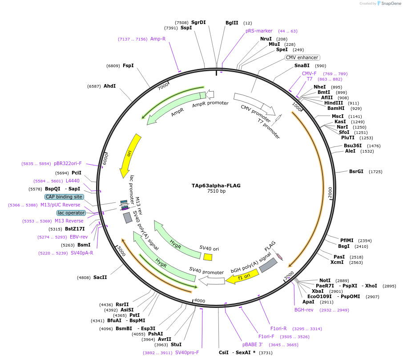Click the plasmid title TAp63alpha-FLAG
coord(216,186)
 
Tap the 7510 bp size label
coord(216,191)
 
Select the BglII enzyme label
coord(232,23)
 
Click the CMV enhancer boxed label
coord(302,57)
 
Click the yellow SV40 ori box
coord(208,257)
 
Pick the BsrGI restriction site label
coord(356,171)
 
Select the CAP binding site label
coord(64,197)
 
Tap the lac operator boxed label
coord(71,213)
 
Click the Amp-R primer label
coord(158,39)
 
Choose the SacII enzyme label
coord(100,277)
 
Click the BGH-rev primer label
coord(304,310)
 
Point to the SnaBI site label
coord(302,65)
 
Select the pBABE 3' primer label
coord(253,344)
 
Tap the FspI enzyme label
coord(128,65)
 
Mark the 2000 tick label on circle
coord(330,193)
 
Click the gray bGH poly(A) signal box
coord(268,266)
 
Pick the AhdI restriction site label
coord(109,86)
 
